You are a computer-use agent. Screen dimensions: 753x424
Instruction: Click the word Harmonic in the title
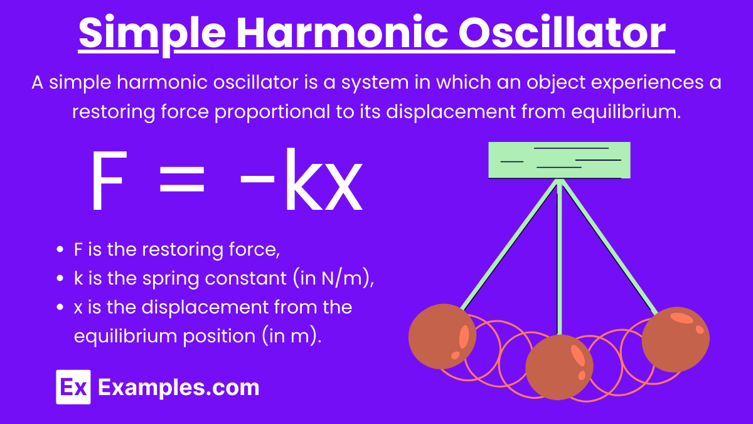pyautogui.click(x=342, y=33)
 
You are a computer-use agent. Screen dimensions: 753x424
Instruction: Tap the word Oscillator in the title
pyautogui.click(x=562, y=33)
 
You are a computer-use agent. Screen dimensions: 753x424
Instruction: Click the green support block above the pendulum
pyautogui.click(x=559, y=160)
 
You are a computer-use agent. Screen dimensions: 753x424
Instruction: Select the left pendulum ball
pyautogui.click(x=442, y=337)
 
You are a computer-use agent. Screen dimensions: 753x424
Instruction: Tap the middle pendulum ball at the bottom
pyautogui.click(x=559, y=367)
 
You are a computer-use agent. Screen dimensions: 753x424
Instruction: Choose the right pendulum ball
pyautogui.click(x=676, y=340)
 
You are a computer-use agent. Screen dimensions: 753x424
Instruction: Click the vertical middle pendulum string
pyautogui.click(x=559, y=258)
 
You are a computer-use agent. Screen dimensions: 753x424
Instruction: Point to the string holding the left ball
pyautogui.click(x=510, y=244)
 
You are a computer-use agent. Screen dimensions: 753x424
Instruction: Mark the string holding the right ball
pyautogui.click(x=610, y=247)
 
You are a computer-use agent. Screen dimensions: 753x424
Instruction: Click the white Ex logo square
pyautogui.click(x=73, y=387)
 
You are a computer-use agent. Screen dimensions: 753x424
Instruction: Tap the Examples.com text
pyautogui.click(x=178, y=388)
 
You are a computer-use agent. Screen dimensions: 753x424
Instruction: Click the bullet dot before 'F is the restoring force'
pyautogui.click(x=60, y=249)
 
